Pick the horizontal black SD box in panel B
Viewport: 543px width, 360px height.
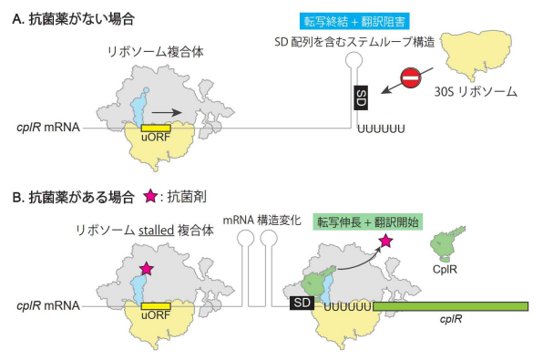(301, 303)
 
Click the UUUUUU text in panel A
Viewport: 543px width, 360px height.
(380, 127)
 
